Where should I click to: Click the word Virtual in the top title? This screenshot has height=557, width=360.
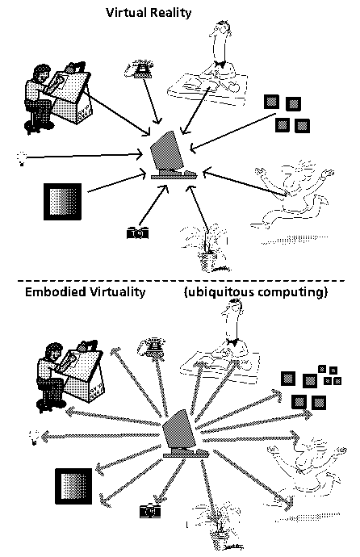pyautogui.click(x=126, y=13)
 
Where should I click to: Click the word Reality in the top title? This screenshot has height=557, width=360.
pyautogui.click(x=170, y=14)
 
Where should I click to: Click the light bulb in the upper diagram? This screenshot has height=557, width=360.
pyautogui.click(x=21, y=158)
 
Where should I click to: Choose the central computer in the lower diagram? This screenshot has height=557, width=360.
pyautogui.click(x=184, y=434)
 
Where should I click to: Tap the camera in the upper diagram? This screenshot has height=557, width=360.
pyautogui.click(x=138, y=233)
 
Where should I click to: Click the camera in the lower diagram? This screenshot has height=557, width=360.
pyautogui.click(x=150, y=511)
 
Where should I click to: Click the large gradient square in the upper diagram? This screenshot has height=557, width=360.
pyautogui.click(x=62, y=202)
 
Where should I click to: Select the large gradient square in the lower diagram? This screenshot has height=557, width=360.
pyautogui.click(x=73, y=486)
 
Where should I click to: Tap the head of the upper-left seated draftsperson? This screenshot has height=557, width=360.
pyautogui.click(x=41, y=74)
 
